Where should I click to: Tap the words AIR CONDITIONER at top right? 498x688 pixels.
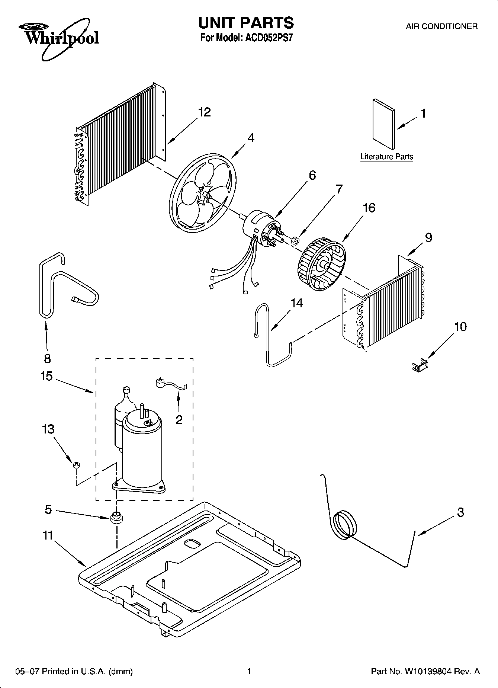[441, 26]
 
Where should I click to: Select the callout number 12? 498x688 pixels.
[204, 112]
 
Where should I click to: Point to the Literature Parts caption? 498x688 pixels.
[386, 157]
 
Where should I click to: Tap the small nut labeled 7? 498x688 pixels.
[295, 241]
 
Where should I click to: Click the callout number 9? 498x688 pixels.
[428, 237]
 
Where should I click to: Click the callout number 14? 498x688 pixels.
[297, 303]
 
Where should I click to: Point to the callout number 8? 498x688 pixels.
[47, 358]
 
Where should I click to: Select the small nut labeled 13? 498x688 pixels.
[76, 465]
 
